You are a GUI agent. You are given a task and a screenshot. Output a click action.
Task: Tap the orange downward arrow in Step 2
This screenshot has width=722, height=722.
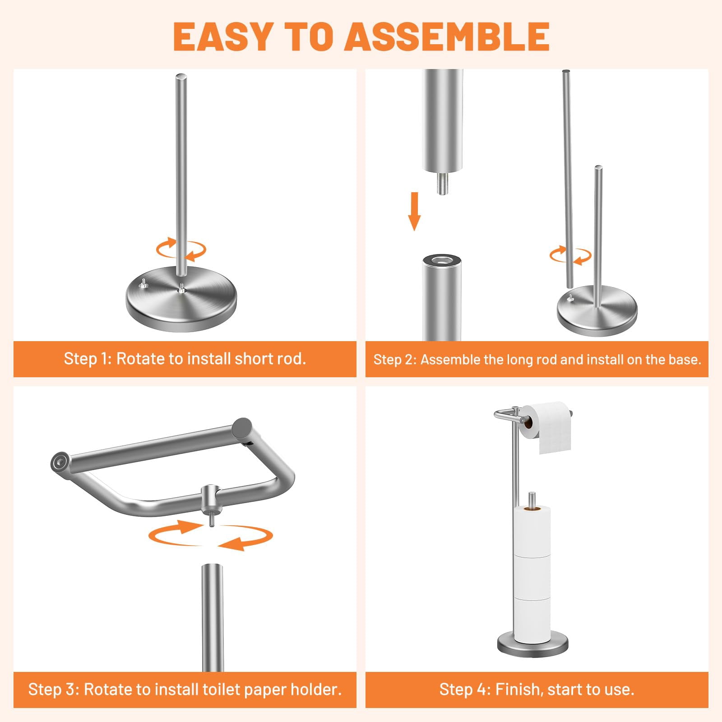[x=414, y=211]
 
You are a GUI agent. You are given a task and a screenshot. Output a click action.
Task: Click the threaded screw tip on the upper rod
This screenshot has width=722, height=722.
[x=442, y=183]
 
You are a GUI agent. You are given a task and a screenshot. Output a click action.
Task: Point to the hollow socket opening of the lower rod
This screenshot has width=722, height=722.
[x=442, y=260]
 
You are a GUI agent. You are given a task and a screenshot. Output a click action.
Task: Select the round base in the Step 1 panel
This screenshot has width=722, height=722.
[x=181, y=299]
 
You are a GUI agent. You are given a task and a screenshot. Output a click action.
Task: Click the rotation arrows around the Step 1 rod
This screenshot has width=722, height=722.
[x=181, y=249]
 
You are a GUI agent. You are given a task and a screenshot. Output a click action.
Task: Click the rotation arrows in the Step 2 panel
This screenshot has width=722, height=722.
[x=570, y=255]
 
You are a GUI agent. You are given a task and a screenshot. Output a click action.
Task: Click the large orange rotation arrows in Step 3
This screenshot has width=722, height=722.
[x=211, y=536]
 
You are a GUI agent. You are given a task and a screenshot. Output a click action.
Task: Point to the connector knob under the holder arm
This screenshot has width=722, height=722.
[x=211, y=501]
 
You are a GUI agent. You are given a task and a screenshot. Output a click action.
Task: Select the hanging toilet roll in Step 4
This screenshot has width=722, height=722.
[x=545, y=426]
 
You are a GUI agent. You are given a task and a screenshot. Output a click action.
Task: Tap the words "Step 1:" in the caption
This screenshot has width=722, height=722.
[x=88, y=359]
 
